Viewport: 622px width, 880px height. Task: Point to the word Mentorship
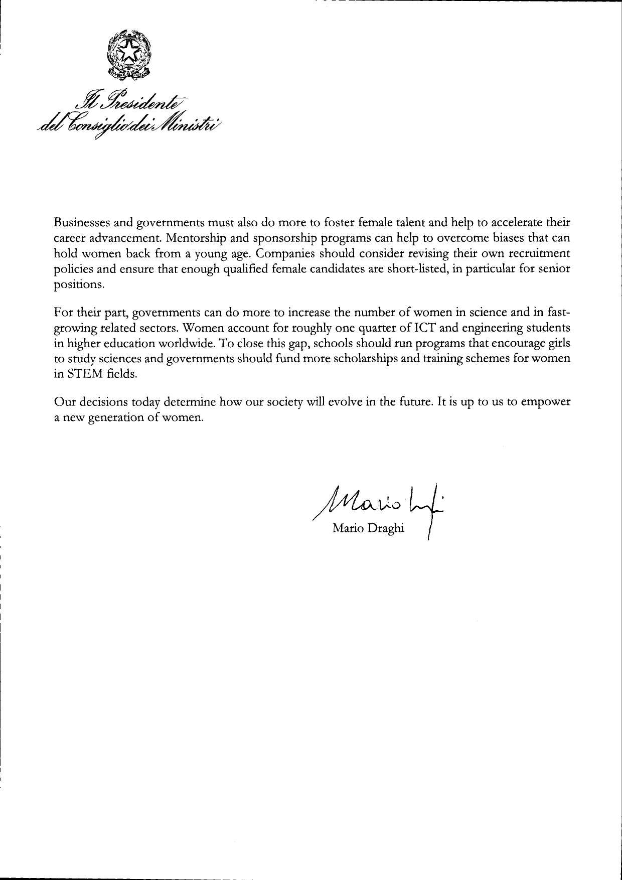[x=207, y=237]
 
